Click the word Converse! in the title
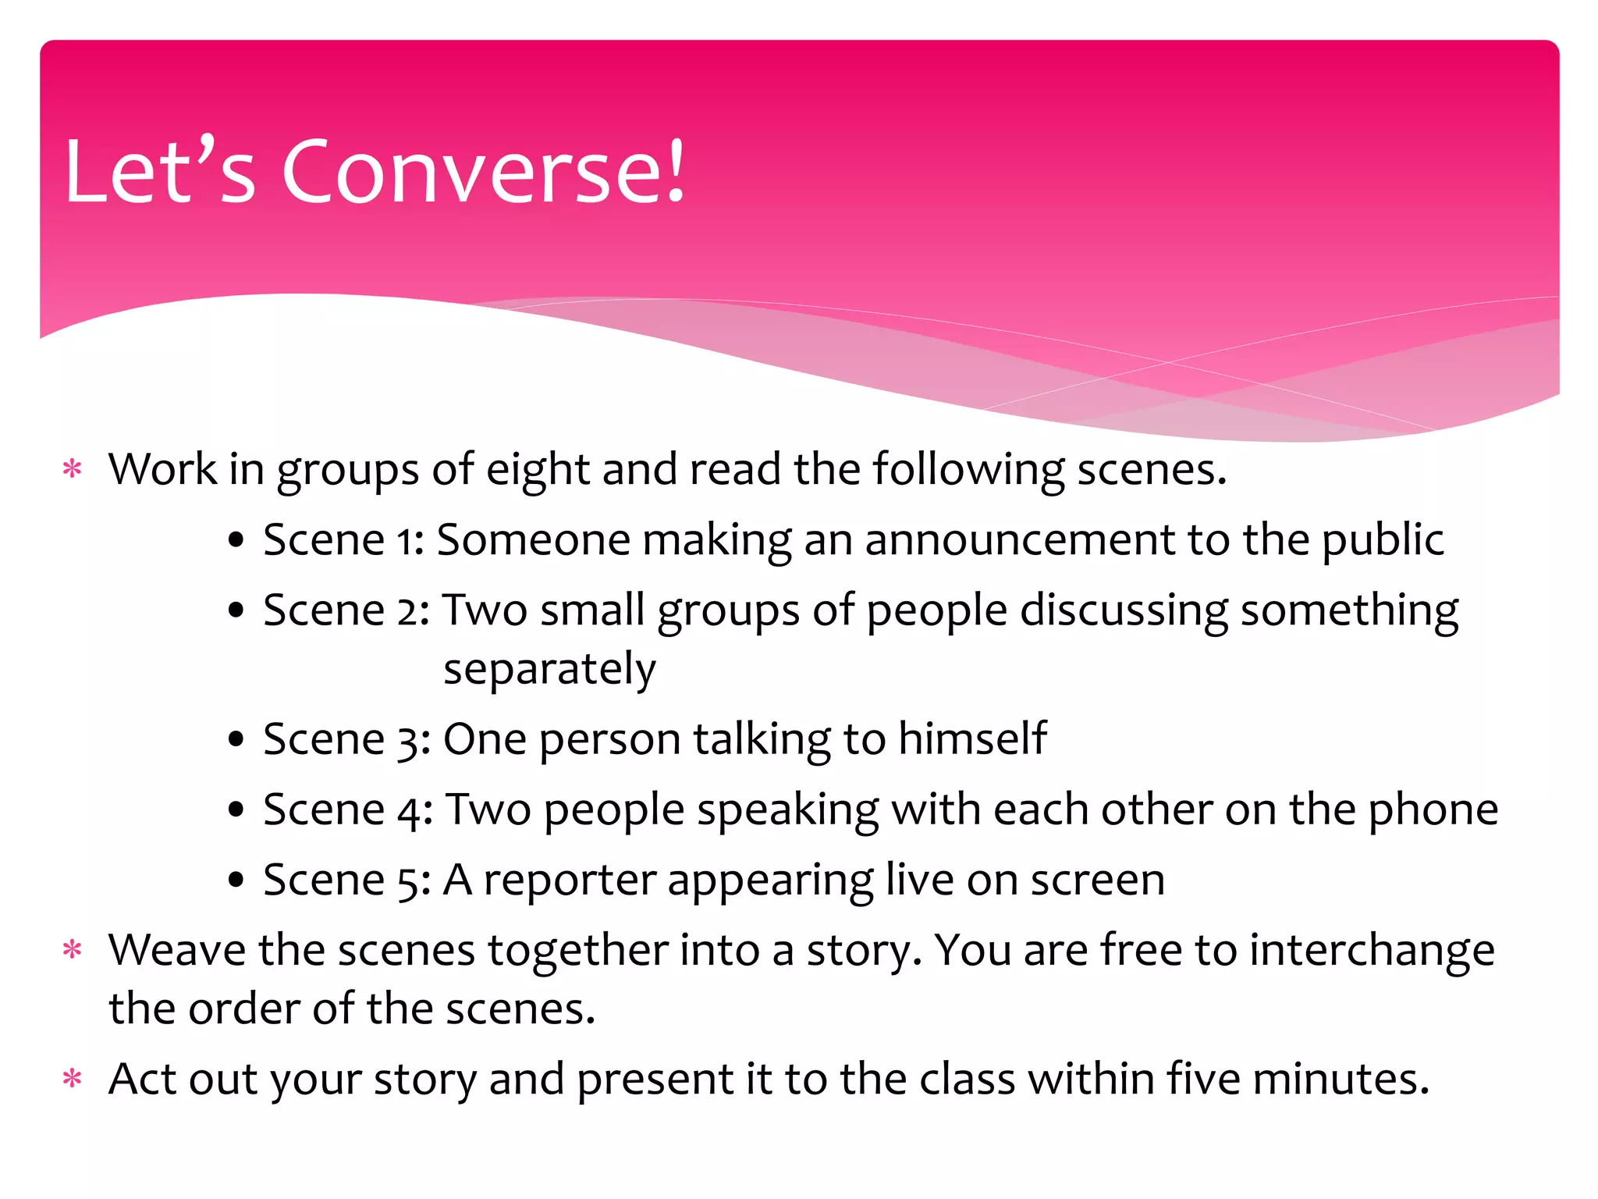pyautogui.click(x=484, y=172)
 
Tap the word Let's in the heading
pyautogui.click(x=160, y=172)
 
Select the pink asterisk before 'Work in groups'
pyautogui.click(x=73, y=470)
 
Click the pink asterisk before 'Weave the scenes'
pyautogui.click(x=73, y=951)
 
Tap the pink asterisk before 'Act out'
pyautogui.click(x=73, y=1080)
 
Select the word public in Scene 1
pyautogui.click(x=1383, y=540)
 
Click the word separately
pyautogui.click(x=549, y=670)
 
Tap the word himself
pyautogui.click(x=972, y=738)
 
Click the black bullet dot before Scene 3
pyautogui.click(x=236, y=740)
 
